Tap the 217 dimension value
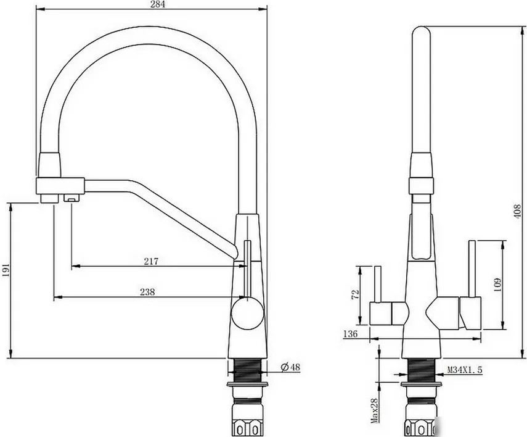coord(151,261)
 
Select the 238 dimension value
coord(147,291)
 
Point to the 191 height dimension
coord(6,270)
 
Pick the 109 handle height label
coord(497,284)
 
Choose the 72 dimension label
coord(355,294)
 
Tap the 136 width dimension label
coord(350,334)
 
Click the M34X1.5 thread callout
coord(465,370)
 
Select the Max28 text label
coord(374,410)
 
